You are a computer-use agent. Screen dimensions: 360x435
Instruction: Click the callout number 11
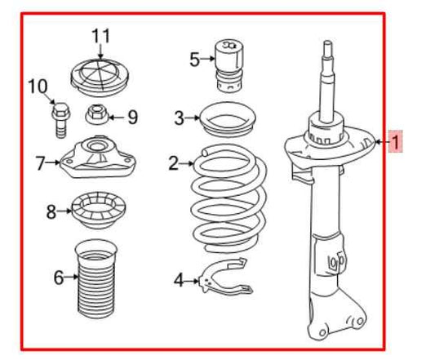click(100, 36)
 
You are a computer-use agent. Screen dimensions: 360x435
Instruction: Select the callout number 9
click(132, 117)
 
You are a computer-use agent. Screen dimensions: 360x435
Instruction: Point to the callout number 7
click(40, 163)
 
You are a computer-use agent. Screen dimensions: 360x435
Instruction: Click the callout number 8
click(51, 212)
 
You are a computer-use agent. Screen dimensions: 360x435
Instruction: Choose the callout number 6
click(58, 278)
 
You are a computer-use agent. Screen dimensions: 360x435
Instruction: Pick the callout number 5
click(193, 59)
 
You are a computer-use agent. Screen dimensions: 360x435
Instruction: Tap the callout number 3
click(179, 119)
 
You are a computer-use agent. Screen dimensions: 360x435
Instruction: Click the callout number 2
click(173, 164)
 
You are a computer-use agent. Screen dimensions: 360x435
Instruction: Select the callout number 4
click(179, 282)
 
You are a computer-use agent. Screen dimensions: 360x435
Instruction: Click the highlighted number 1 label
click(395, 144)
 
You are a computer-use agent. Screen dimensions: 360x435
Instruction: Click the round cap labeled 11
click(100, 74)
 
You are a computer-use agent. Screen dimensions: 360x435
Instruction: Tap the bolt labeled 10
click(60, 120)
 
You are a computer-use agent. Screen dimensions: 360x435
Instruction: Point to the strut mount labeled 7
click(98, 161)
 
